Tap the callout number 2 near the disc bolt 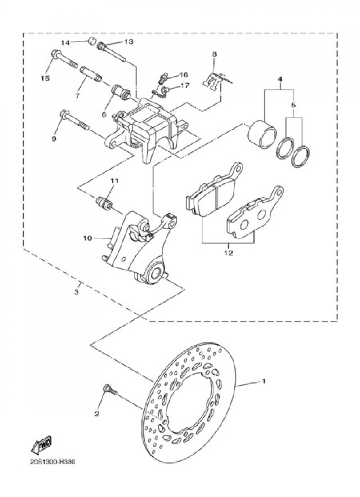[x=96, y=414]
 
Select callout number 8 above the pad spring [x=215, y=54]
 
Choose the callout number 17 [x=185, y=86]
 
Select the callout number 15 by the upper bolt [x=45, y=78]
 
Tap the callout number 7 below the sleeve [x=77, y=96]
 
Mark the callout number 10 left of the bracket [x=88, y=238]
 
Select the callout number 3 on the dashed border [x=76, y=292]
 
